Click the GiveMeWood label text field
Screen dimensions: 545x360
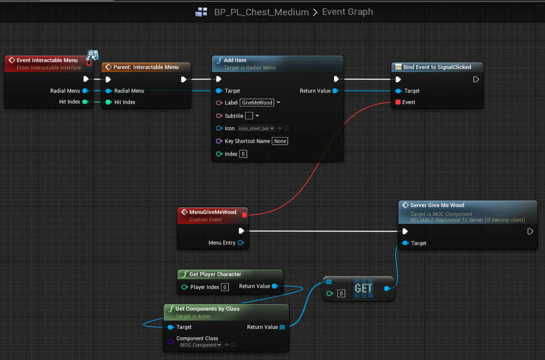[257, 103]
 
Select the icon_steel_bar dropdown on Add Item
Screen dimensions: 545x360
[257, 129]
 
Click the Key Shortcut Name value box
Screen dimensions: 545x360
[280, 141]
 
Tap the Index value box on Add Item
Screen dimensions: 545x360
[243, 154]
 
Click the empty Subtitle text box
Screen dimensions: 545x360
[249, 116]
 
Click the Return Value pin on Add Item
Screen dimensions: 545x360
[335, 91]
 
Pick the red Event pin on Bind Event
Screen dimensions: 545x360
[398, 102]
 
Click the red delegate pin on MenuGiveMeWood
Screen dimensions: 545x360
[244, 215]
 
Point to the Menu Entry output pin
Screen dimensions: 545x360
[240, 243]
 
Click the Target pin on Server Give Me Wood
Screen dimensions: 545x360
[405, 243]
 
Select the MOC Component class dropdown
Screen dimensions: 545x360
[201, 345]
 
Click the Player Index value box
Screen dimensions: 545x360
[225, 287]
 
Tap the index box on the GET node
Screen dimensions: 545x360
[341, 294]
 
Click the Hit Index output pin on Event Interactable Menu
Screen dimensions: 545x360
[85, 102]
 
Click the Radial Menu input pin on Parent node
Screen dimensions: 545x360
[109, 91]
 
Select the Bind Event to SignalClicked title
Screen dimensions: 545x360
[437, 67]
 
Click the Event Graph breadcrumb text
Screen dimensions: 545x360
[347, 12]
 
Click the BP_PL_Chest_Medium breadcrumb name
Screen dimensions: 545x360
[262, 12]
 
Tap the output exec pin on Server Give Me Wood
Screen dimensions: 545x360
[530, 231]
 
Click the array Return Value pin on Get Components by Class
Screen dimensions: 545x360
[282, 327]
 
